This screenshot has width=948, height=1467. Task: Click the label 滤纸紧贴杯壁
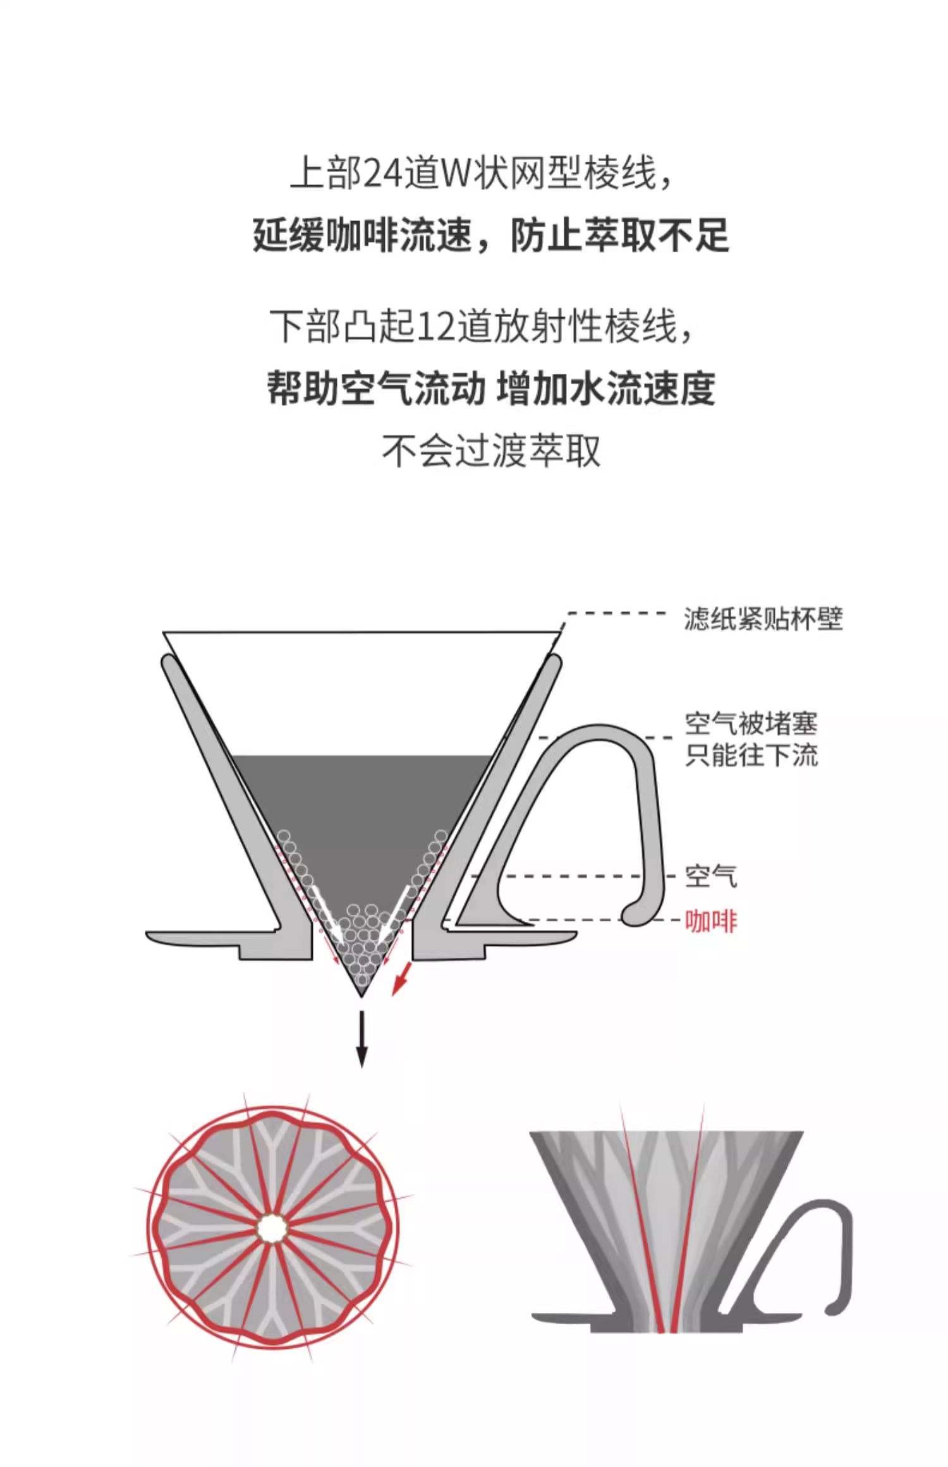pos(763,619)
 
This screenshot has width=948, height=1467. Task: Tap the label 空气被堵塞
pos(751,723)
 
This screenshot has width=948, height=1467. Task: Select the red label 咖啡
pos(711,922)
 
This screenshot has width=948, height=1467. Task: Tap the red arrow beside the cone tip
pos(401,979)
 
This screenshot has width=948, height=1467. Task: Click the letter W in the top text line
pos(456,173)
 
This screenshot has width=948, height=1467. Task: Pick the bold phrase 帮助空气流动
pos(375,389)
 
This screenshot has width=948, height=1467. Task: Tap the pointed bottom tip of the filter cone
pos(362,996)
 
